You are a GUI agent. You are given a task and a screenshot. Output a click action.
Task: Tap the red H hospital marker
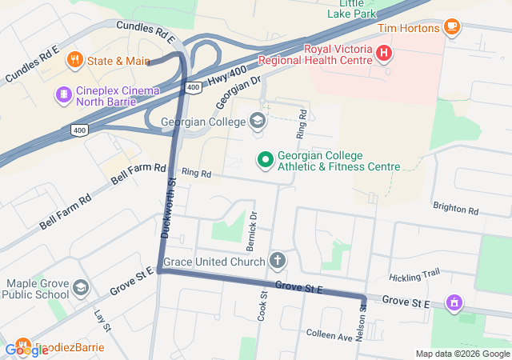pos(384,54)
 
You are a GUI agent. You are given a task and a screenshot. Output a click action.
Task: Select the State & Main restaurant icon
pos(74,60)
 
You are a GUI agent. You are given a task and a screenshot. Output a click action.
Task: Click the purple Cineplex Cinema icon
pos(62,94)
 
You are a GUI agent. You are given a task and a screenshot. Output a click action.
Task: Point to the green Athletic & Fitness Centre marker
pos(263,160)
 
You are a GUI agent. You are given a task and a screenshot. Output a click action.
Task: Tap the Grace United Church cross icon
pos(277,261)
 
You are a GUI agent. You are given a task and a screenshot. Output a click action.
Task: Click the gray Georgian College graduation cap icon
pos(258,122)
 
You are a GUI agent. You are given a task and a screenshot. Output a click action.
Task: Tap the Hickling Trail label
pos(414,275)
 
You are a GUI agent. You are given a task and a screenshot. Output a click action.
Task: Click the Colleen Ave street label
pos(330,336)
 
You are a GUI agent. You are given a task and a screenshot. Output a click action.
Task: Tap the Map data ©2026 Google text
pos(462,354)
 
